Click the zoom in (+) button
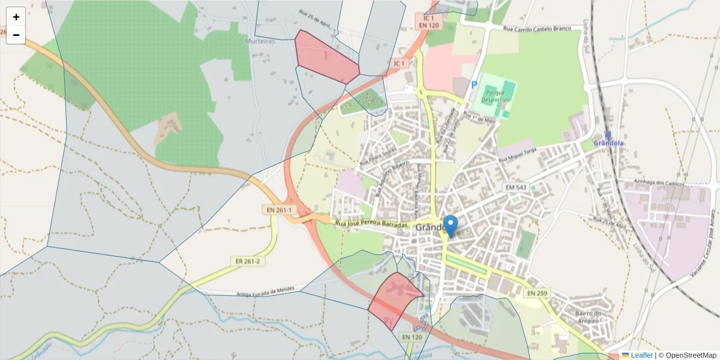click(x=16, y=17)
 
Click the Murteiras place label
click(x=260, y=41)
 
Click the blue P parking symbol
click(x=474, y=86)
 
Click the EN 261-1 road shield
click(x=279, y=211)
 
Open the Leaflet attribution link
click(x=641, y=355)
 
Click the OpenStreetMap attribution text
click(x=691, y=355)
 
